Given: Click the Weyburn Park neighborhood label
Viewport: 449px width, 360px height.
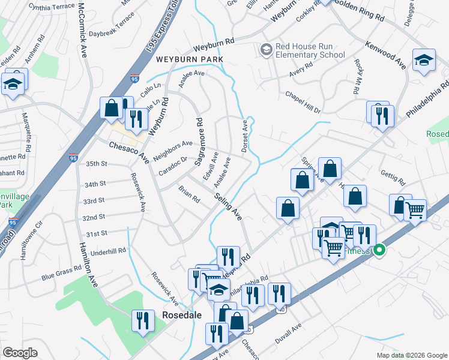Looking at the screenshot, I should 190,59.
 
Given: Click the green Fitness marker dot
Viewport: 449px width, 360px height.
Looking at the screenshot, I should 379,250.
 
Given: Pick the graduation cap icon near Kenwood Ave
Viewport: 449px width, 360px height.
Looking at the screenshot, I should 424,60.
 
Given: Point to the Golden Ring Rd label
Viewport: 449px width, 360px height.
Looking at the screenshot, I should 359,10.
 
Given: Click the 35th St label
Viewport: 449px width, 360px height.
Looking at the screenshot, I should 96,163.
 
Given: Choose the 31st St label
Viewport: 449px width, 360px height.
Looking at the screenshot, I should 96,233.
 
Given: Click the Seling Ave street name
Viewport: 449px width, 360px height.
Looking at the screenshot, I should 228,205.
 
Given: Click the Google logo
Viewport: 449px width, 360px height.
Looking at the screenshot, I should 20,353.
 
